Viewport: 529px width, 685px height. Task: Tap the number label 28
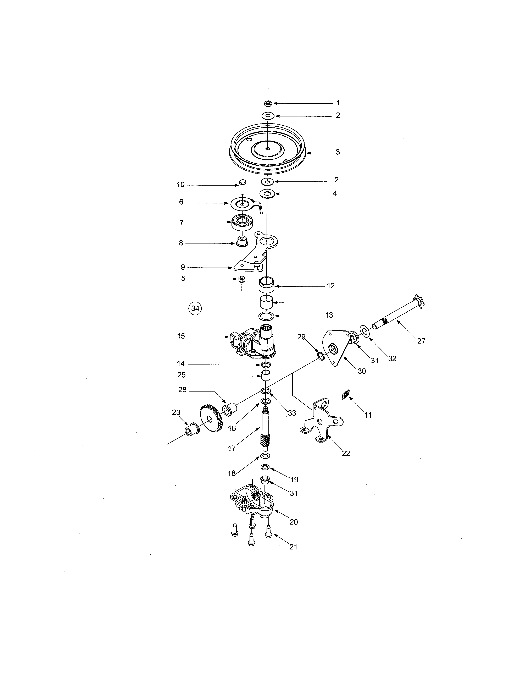pyautogui.click(x=182, y=390)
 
